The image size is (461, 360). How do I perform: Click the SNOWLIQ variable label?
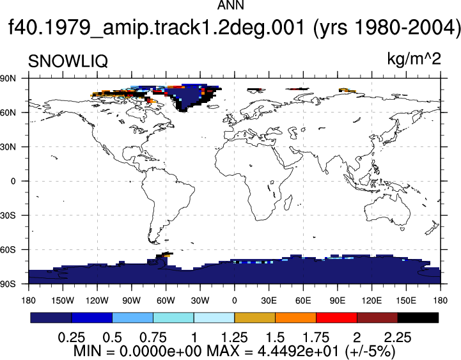(68, 61)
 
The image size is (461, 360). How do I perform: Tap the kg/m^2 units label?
(414, 59)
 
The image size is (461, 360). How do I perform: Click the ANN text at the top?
(230, 5)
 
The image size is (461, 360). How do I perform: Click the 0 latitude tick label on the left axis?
(13, 181)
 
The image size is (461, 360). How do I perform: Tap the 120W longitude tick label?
(97, 301)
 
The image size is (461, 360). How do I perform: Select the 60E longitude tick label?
(303, 301)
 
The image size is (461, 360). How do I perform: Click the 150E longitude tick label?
(406, 301)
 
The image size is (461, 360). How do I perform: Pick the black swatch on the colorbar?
(418, 318)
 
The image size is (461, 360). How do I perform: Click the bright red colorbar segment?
(336, 318)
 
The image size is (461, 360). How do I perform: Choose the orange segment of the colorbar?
(296, 318)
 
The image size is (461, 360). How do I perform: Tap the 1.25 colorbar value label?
(234, 338)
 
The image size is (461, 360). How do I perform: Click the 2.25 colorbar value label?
(398, 338)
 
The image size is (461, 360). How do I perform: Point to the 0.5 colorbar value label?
(113, 338)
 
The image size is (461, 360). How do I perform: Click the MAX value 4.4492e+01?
(299, 351)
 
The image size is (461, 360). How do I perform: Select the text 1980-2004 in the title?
(402, 27)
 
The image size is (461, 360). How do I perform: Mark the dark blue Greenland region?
(188, 95)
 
